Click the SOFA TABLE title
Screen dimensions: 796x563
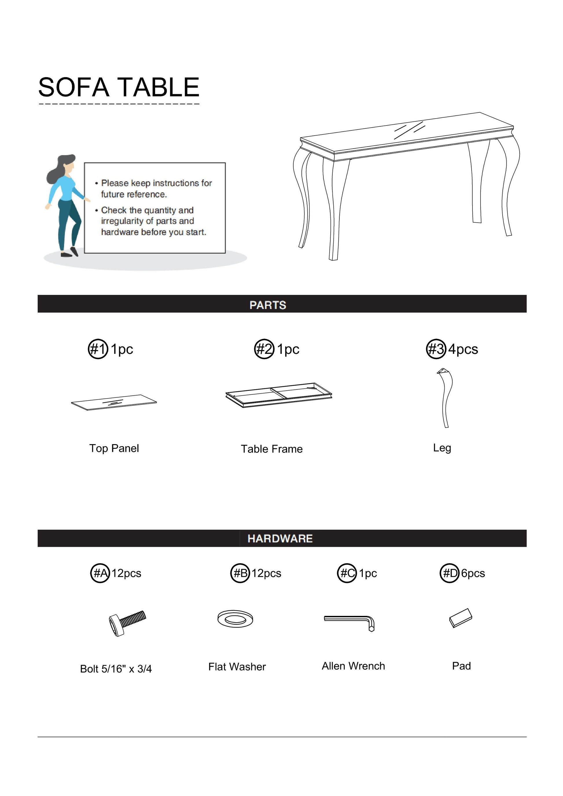tap(119, 87)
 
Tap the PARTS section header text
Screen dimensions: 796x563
tap(267, 305)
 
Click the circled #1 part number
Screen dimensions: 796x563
tap(97, 349)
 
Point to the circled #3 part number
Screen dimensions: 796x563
tap(436, 349)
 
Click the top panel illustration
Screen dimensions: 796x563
tap(114, 402)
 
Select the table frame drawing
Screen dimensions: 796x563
tap(279, 395)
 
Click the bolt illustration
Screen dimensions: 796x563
tap(127, 623)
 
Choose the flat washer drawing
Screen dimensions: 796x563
tap(235, 619)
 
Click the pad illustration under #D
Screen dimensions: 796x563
tap(460, 618)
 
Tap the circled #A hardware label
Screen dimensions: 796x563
tap(100, 573)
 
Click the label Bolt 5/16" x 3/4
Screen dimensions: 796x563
tap(116, 668)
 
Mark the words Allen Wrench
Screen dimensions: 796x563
tap(353, 666)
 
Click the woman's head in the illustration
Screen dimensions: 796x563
tap(67, 165)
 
